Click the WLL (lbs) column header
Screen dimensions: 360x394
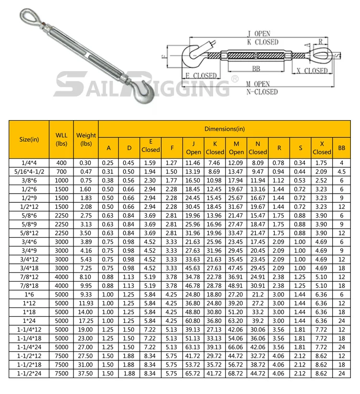coord(61,139)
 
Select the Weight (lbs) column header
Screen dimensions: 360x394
coord(86,139)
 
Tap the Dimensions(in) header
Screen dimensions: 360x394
coord(225,129)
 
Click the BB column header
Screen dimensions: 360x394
coord(341,148)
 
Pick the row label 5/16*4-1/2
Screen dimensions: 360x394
coord(29,172)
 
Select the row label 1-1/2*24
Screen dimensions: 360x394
coord(29,373)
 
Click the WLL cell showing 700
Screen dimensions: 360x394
coord(61,172)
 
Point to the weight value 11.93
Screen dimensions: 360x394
coord(86,303)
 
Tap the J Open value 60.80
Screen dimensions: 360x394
coord(192,321)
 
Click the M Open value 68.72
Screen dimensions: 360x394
coord(236,373)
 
